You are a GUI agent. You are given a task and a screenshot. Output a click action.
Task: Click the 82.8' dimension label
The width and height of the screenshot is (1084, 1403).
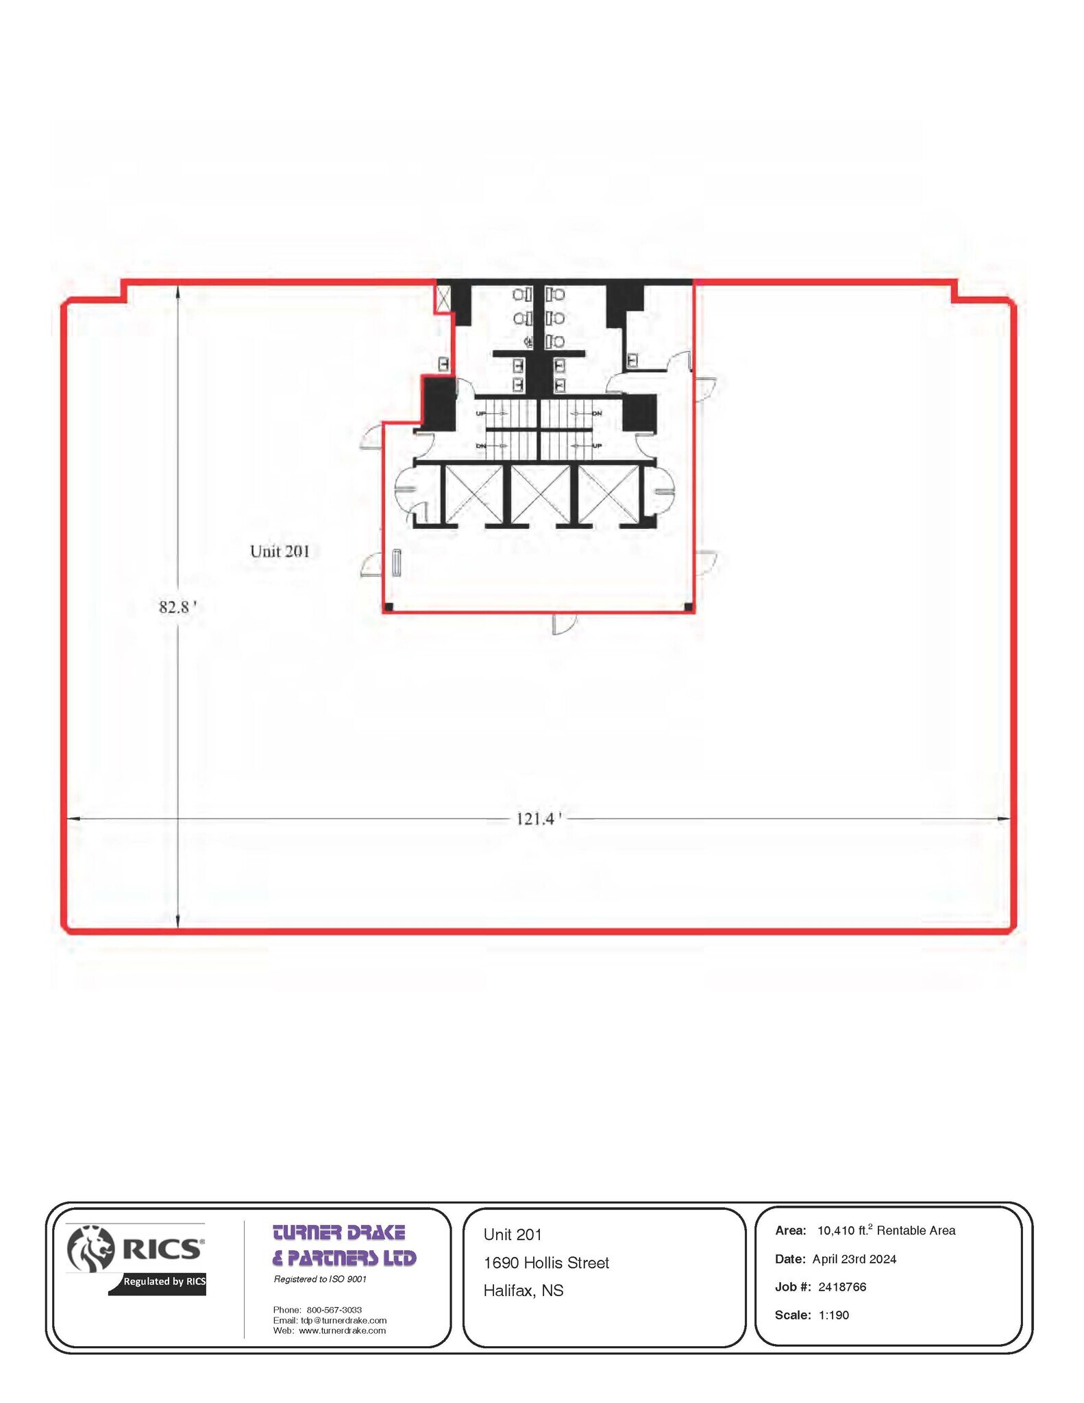(177, 607)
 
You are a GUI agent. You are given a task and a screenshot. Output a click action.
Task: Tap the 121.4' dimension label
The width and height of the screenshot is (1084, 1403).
(539, 819)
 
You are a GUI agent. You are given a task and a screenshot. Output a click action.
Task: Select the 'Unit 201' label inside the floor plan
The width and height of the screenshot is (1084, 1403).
(280, 551)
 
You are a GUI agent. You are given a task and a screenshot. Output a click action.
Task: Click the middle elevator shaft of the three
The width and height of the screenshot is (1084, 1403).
(540, 494)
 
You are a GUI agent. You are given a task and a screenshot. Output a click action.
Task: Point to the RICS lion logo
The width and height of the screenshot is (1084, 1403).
(90, 1249)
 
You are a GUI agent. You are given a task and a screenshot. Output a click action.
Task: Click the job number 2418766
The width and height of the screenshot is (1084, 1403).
(842, 1287)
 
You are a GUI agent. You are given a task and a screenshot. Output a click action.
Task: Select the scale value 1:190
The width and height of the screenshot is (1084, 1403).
(833, 1315)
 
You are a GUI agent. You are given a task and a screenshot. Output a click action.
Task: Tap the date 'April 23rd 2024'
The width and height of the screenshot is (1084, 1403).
(854, 1258)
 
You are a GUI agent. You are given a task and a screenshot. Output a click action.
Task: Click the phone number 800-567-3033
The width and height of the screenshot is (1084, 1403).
(334, 1310)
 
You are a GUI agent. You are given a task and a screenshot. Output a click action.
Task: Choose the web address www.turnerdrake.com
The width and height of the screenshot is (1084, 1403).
(342, 1330)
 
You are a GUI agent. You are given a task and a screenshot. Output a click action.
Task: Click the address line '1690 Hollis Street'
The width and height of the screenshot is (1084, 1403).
(546, 1263)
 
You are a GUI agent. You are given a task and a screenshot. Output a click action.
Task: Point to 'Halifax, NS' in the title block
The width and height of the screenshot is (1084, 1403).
(523, 1291)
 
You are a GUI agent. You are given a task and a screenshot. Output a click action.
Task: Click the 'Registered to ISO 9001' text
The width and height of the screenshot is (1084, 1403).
(320, 1279)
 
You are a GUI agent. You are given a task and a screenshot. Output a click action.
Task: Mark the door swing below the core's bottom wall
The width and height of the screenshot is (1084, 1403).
(563, 624)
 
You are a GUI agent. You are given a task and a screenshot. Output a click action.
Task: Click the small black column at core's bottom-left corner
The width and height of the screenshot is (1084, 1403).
(389, 607)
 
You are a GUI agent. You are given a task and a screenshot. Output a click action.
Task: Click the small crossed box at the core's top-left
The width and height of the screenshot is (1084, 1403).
(444, 299)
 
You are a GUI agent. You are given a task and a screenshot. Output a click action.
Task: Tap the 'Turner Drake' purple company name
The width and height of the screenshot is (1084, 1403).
(340, 1233)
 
